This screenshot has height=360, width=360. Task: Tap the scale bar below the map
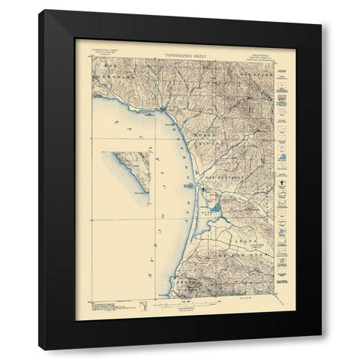183,301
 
